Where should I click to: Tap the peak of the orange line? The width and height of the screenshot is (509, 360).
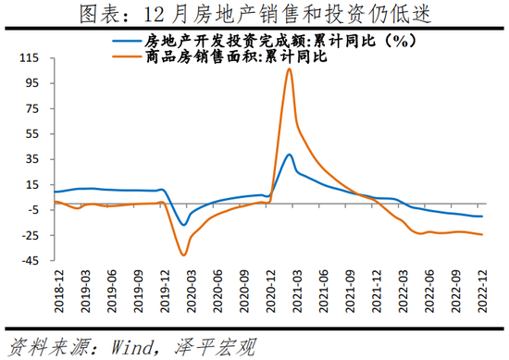pos(289,69)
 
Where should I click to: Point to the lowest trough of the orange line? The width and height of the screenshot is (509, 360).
pos(183,254)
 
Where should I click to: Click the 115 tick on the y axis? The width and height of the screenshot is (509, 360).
pos(30,57)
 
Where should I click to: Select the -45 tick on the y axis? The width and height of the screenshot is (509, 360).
pos(31,261)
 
